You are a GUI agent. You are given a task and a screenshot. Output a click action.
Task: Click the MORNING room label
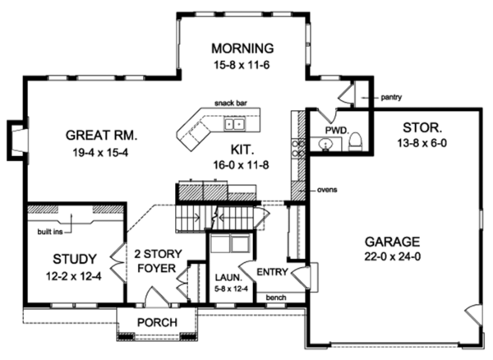tap(242, 48)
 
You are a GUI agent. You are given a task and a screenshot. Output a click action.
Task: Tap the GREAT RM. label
tap(102, 135)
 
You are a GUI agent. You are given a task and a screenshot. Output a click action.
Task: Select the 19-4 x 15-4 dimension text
tap(100, 153)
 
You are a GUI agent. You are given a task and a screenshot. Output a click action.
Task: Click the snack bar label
tap(231, 103)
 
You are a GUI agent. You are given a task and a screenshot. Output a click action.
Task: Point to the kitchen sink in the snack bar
tap(234, 124)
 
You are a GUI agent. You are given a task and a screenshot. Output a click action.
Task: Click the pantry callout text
tap(391, 98)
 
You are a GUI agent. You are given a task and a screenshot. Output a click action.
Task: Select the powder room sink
tap(325, 145)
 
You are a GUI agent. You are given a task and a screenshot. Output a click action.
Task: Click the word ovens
tap(327, 190)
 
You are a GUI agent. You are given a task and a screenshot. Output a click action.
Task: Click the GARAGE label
tap(392, 242)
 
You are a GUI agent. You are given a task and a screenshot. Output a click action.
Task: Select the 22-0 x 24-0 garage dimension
tap(393, 257)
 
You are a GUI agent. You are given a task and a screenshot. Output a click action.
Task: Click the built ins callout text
tap(50, 233)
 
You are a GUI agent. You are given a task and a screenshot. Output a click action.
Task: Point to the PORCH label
tap(157, 322)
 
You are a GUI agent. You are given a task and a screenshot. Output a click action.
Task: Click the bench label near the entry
tap(276, 298)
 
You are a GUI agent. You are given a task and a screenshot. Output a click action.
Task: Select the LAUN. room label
tap(229, 278)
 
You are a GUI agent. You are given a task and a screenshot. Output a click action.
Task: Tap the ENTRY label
tap(272, 272)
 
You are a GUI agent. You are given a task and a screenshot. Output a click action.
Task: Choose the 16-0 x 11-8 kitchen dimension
tap(241, 165)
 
